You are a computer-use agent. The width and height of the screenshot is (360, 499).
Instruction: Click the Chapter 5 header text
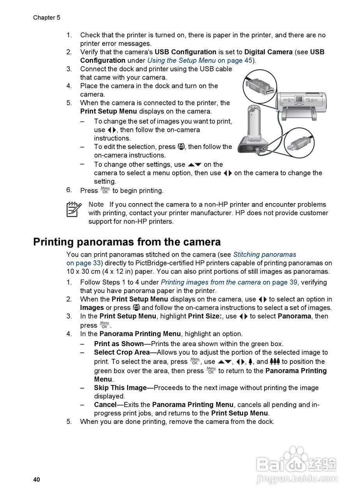(x=46, y=18)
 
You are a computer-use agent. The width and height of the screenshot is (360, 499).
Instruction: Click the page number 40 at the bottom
(x=37, y=480)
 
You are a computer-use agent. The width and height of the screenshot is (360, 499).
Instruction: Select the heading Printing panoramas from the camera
(x=127, y=242)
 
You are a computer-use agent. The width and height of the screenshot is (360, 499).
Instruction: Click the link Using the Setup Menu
(x=181, y=60)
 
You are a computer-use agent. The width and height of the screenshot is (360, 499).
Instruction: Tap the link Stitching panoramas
(x=265, y=255)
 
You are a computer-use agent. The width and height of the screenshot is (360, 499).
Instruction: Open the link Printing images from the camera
(x=210, y=282)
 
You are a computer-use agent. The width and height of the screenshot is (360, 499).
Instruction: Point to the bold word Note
(x=96, y=204)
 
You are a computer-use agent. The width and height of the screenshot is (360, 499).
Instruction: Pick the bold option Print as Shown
(x=119, y=344)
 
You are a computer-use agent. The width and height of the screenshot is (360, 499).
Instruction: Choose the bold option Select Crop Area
(x=122, y=352)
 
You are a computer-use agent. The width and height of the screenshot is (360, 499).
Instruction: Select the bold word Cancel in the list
(x=105, y=405)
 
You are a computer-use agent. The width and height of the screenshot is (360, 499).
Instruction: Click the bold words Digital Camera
(x=268, y=52)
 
